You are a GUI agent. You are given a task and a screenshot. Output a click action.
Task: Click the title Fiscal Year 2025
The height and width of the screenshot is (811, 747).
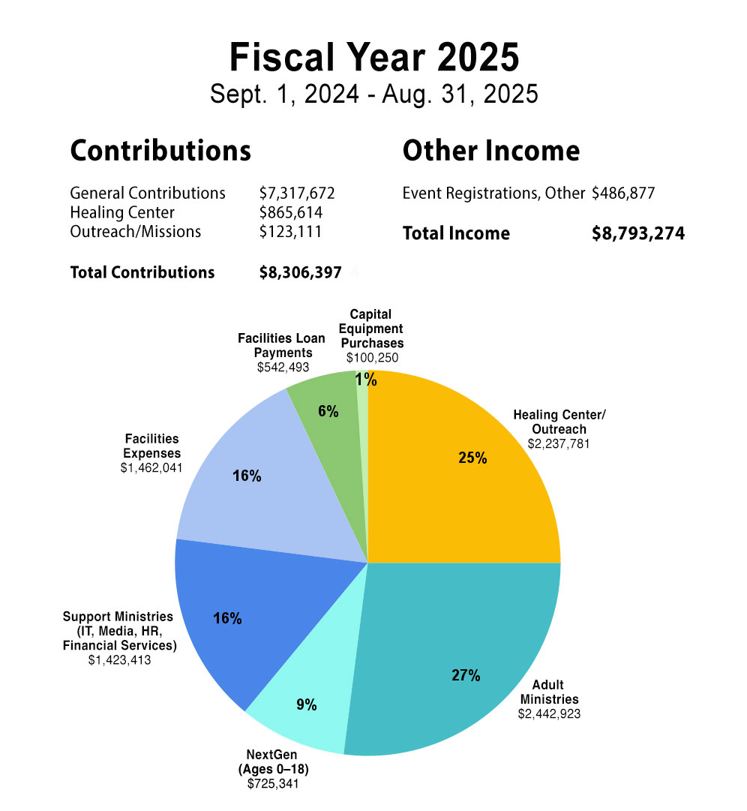pos(373,58)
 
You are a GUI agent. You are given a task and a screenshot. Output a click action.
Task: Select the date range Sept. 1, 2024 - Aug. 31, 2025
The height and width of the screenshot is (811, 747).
pos(373,95)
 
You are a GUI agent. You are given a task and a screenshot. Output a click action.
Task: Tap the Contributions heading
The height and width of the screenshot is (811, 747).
pos(160,151)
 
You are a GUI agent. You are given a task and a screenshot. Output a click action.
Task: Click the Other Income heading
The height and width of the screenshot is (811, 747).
pos(490,151)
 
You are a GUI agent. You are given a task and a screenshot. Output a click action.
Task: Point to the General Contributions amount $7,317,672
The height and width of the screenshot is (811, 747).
pos(296,194)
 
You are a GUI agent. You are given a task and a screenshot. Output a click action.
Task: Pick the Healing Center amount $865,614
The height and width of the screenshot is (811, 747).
pos(290,213)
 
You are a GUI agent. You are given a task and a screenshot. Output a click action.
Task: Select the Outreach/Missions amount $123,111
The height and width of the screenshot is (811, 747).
pos(290,232)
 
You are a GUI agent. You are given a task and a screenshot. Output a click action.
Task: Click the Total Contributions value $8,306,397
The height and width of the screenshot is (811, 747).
pos(300,272)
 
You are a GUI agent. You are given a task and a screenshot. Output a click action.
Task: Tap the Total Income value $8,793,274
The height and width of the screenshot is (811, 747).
pos(637,233)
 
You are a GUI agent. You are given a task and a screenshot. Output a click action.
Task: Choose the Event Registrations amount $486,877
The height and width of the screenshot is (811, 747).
pos(622,194)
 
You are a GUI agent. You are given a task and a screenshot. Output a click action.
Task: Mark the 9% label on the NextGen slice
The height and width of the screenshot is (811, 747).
pos(306,704)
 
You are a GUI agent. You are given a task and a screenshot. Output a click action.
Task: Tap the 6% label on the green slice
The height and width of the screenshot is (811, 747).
pos(328,411)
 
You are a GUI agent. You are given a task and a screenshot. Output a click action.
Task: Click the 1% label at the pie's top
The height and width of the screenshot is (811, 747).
pos(366,380)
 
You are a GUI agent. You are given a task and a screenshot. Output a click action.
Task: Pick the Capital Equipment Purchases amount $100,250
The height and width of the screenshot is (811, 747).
pos(372,358)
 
